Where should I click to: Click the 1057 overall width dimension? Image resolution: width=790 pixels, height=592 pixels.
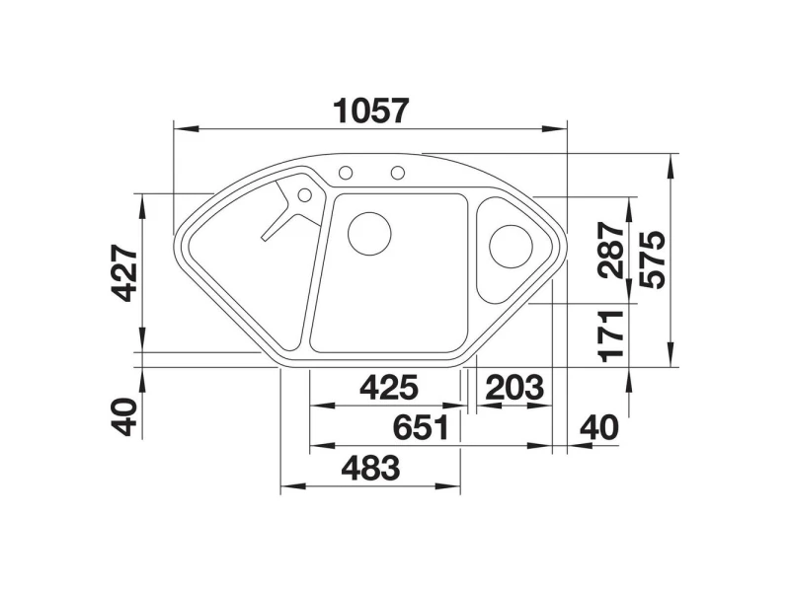(371, 111)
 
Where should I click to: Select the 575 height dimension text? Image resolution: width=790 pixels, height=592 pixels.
(652, 259)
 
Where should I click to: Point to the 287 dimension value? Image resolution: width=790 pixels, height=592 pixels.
(610, 251)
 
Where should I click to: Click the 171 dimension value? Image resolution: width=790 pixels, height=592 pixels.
(610, 336)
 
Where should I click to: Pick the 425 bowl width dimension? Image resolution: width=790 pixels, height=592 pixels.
(389, 387)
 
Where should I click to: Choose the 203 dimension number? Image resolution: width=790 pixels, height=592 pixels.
(514, 387)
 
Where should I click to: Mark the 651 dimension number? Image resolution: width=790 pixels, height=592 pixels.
(422, 427)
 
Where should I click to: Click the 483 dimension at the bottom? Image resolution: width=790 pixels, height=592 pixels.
(371, 468)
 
